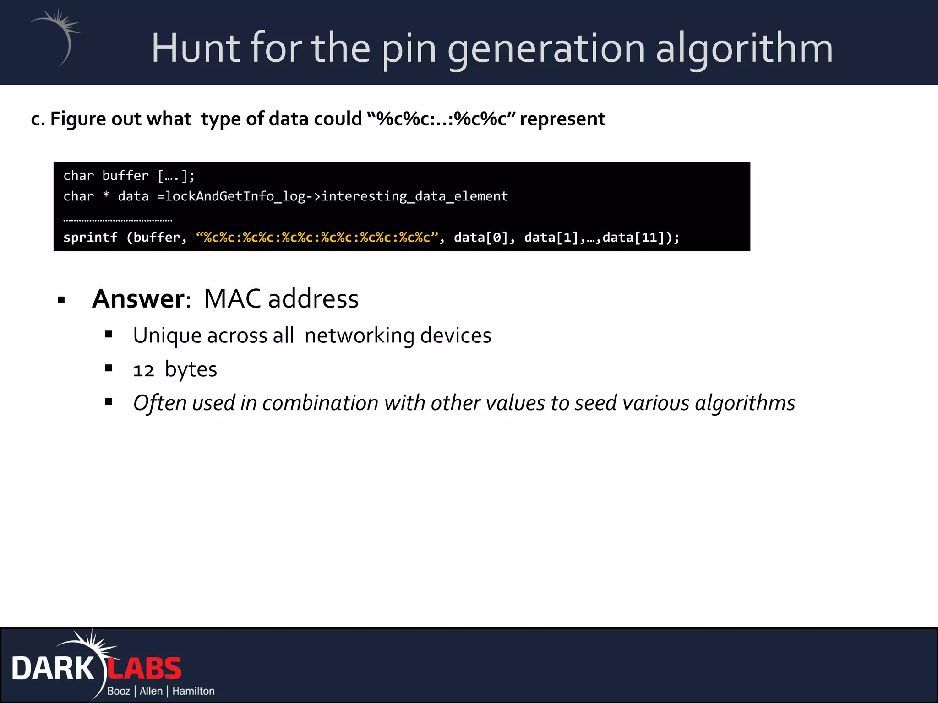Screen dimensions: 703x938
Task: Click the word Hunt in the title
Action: pos(196,48)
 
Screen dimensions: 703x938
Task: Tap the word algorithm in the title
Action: pos(744,49)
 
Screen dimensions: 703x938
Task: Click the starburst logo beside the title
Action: pos(57,37)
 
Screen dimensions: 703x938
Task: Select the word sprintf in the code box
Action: pos(90,238)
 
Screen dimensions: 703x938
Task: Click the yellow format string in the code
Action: pos(317,238)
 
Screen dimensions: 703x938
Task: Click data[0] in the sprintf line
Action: pos(480,238)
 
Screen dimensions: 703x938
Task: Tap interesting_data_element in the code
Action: pos(414,196)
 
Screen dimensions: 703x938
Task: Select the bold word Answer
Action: pos(138,299)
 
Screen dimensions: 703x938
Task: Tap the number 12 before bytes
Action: pos(143,370)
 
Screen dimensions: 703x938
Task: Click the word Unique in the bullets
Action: pos(167,335)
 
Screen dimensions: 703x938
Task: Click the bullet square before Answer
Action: pos(62,300)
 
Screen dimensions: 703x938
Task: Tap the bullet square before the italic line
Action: pos(109,402)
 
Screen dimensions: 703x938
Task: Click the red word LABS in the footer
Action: pos(145,669)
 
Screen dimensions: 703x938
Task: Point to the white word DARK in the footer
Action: pos(53,669)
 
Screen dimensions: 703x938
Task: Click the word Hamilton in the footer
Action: pos(193,691)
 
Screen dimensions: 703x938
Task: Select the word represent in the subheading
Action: pos(562,119)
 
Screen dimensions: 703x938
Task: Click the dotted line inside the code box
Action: pos(118,220)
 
